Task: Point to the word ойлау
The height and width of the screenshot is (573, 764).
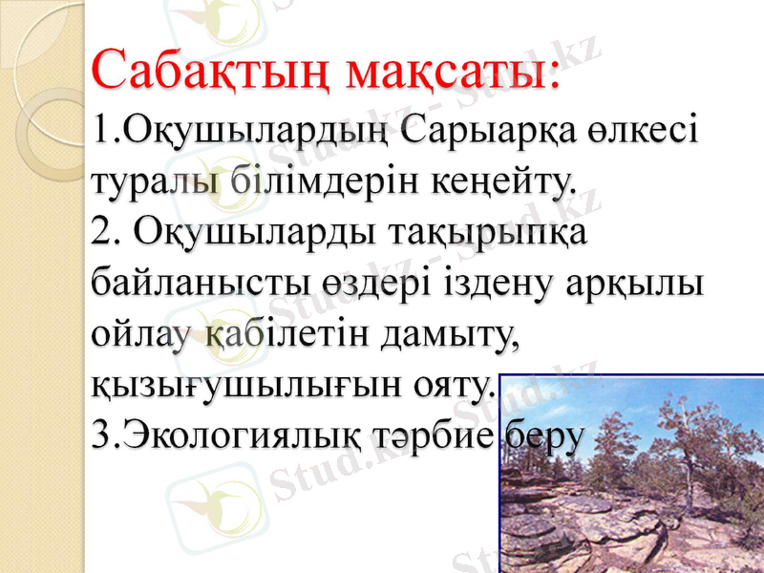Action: click(x=143, y=335)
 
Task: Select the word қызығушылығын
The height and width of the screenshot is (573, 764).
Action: click(x=243, y=387)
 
